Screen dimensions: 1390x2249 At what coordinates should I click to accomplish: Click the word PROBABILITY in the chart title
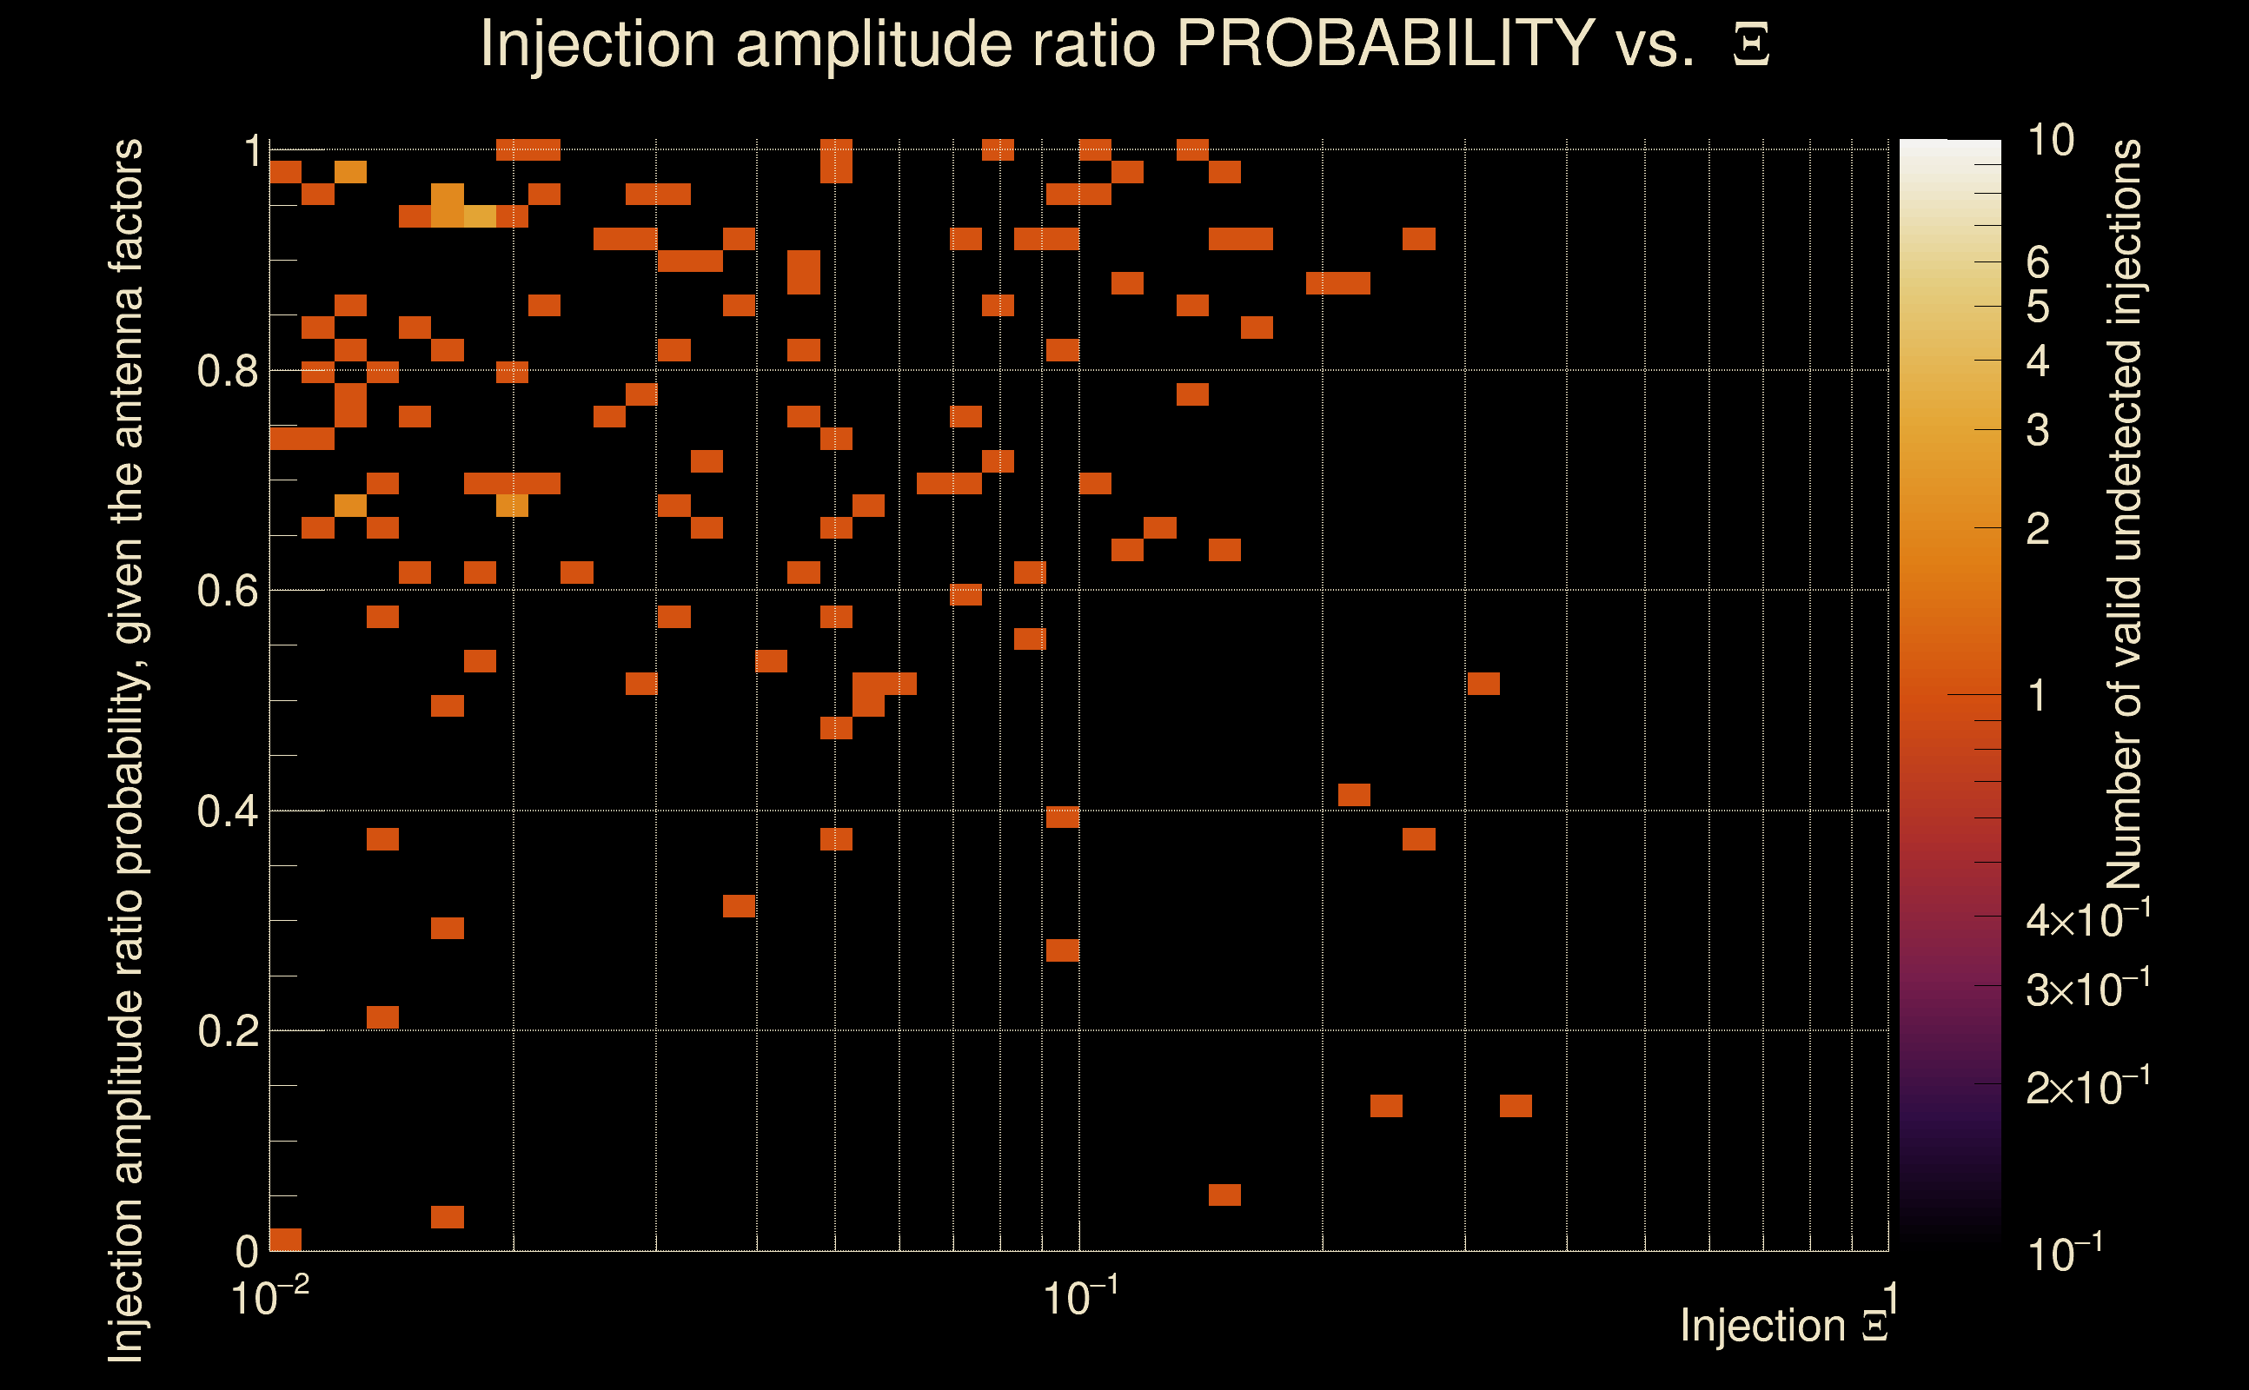1385,43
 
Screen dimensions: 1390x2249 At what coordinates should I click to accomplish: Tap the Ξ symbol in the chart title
1751,46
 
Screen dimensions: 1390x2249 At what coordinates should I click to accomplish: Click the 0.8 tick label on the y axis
227,372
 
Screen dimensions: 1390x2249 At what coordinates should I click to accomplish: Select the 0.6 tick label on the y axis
227,591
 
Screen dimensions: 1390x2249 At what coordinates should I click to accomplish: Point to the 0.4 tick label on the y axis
227,811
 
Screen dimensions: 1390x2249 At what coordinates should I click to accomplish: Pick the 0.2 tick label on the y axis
227,1031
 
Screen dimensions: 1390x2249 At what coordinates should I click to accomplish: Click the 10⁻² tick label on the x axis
269,1298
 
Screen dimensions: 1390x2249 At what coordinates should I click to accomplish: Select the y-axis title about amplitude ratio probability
126,750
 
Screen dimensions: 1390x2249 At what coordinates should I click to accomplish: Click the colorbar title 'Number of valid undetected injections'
2124,515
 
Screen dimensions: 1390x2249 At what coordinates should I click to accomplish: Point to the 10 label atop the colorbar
2050,141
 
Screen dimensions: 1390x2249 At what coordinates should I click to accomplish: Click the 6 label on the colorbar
2038,263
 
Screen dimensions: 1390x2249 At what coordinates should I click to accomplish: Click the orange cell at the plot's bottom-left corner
285,1238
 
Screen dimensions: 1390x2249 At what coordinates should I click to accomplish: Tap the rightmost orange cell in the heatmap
1516,1106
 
